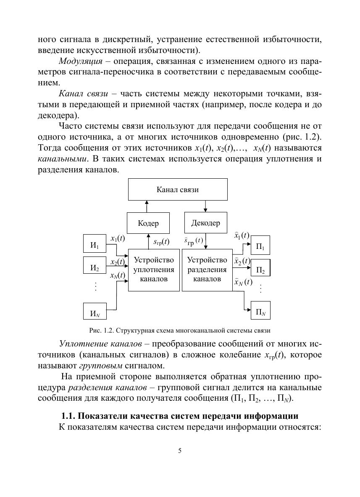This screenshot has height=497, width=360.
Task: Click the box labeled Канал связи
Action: click(177, 189)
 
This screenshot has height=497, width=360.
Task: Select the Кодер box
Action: click(148, 223)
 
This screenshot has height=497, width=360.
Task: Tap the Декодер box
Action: click(205, 223)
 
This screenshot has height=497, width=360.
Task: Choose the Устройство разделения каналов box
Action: click(207, 270)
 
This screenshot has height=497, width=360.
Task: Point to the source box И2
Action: click(95, 267)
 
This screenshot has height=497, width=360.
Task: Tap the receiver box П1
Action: click(260, 246)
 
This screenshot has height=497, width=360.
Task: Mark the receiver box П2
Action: click(260, 270)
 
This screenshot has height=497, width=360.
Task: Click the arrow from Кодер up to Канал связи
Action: click(147, 206)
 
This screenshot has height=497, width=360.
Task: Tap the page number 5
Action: click(180, 451)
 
